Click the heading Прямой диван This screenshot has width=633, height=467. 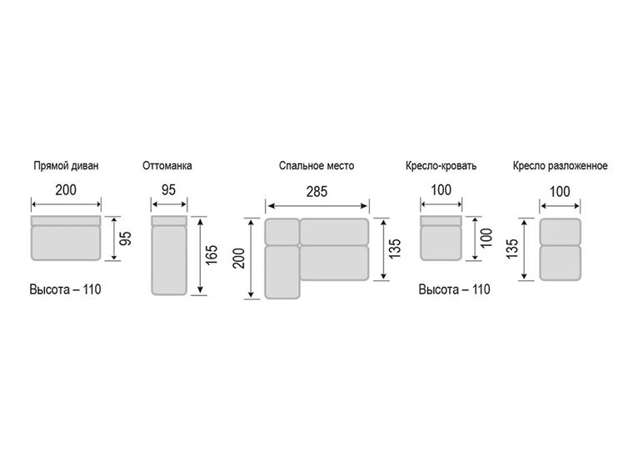point(66,166)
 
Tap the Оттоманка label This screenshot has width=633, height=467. point(167,166)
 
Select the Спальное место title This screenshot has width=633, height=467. point(316,166)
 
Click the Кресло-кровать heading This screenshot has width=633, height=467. point(441,166)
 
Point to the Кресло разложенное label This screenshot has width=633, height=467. point(561,166)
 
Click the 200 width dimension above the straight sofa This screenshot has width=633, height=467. point(66,189)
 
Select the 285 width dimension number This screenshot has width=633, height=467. point(316,192)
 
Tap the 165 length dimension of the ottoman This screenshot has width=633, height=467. point(211,255)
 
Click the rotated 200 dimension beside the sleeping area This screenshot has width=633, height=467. point(239,259)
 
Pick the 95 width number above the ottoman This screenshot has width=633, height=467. point(169,189)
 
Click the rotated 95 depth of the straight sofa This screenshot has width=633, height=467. point(126,239)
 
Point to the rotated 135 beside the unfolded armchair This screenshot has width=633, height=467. point(512,249)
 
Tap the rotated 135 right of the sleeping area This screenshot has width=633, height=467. point(396,249)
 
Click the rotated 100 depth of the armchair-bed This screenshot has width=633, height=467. point(487,238)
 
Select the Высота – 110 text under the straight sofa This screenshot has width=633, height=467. point(65,289)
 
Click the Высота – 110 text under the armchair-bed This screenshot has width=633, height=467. point(454,289)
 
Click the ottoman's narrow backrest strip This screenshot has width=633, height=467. point(169,220)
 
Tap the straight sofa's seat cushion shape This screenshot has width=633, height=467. point(66,243)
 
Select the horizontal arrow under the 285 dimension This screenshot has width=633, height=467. point(317,206)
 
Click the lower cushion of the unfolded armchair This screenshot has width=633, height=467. point(561,263)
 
